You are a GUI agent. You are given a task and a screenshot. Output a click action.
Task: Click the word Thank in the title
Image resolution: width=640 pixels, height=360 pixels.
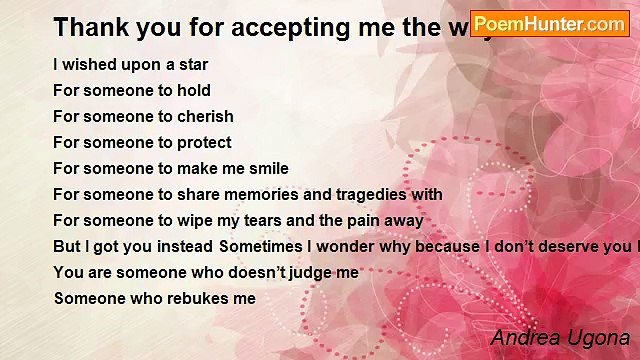[x=85, y=26]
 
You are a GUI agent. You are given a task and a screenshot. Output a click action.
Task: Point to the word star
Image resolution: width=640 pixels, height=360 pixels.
[x=190, y=65]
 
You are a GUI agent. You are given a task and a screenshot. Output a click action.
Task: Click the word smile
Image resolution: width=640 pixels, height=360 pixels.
[x=267, y=169]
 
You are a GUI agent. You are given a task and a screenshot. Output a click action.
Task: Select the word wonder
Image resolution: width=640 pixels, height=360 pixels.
[x=347, y=247]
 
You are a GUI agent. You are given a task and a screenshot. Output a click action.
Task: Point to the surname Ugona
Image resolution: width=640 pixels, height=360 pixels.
[x=599, y=338]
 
